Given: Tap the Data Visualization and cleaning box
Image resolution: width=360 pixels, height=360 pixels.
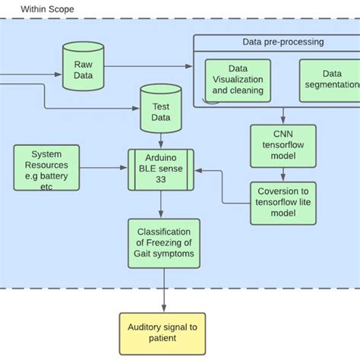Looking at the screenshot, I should coord(238,84).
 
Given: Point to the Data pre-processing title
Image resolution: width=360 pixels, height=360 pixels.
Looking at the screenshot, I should coord(283,42).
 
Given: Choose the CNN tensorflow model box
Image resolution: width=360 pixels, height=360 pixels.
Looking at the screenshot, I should coord(283,147).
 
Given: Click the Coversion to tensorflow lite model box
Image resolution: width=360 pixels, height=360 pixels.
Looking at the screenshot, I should coord(283,203).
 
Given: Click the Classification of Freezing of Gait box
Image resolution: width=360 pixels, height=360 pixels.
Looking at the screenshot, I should coord(164,243).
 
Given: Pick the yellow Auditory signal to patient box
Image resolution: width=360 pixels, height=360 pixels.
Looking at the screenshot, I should coord(163,333).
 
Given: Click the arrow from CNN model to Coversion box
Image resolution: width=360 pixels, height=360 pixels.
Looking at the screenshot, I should coord(283,175).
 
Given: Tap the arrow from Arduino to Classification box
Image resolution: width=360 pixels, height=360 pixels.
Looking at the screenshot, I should coord(160,205).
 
